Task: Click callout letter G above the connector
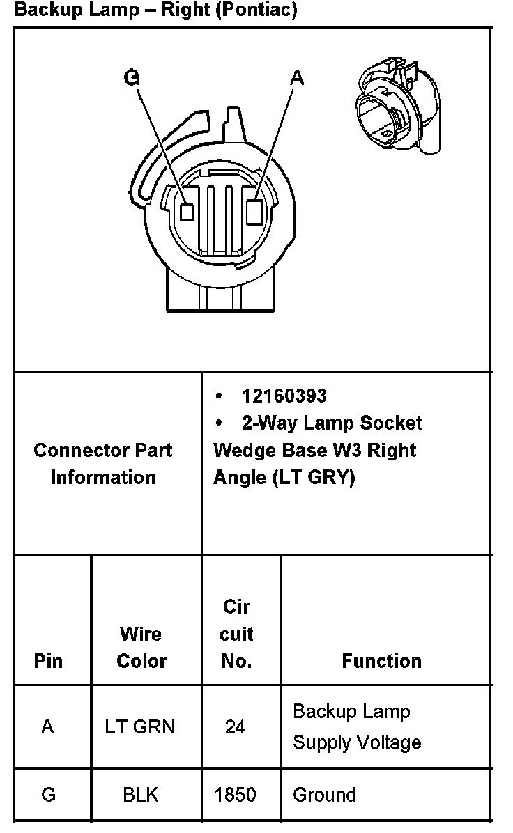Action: coord(131,77)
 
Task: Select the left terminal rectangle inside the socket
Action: coord(187,212)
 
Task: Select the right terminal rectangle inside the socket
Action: coord(254,210)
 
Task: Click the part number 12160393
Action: coord(284,396)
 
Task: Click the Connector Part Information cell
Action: coord(103,463)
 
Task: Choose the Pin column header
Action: coord(47,660)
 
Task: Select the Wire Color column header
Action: coord(141,647)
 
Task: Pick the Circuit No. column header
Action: coord(236,634)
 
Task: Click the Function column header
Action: coord(381,660)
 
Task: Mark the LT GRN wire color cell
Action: coord(140,727)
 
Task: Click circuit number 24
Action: coord(235,727)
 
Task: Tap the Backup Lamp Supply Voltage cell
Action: coord(356,726)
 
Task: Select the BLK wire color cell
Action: coord(140,795)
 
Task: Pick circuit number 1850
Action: coord(236,795)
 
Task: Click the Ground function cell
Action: coord(324,795)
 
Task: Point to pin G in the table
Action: coord(48,795)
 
